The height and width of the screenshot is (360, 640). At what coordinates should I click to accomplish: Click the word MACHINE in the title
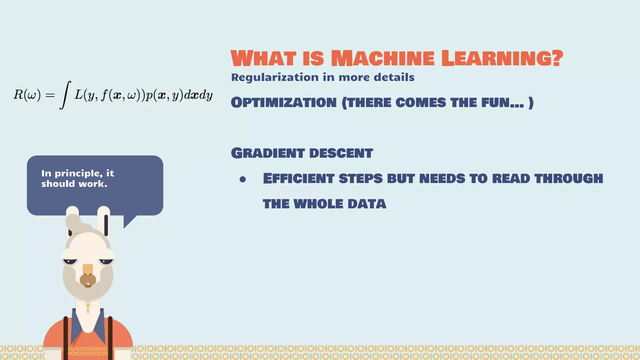[382, 58]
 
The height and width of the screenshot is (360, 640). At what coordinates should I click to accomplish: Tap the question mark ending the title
[556, 58]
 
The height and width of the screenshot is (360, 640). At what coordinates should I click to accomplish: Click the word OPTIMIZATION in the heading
[284, 103]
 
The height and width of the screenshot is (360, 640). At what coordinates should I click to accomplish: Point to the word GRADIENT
[268, 153]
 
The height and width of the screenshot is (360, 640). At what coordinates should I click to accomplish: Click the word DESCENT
[341, 153]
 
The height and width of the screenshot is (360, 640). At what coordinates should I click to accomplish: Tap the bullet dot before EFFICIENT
[243, 179]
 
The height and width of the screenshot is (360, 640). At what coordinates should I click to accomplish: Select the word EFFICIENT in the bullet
[298, 178]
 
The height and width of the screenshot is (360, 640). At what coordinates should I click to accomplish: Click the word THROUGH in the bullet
[568, 178]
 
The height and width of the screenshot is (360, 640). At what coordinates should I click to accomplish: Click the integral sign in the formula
[65, 95]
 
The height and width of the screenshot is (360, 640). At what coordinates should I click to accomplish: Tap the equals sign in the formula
[50, 95]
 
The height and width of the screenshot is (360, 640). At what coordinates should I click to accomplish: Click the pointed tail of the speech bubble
[128, 222]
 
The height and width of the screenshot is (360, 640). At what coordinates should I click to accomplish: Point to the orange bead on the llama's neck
[88, 305]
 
